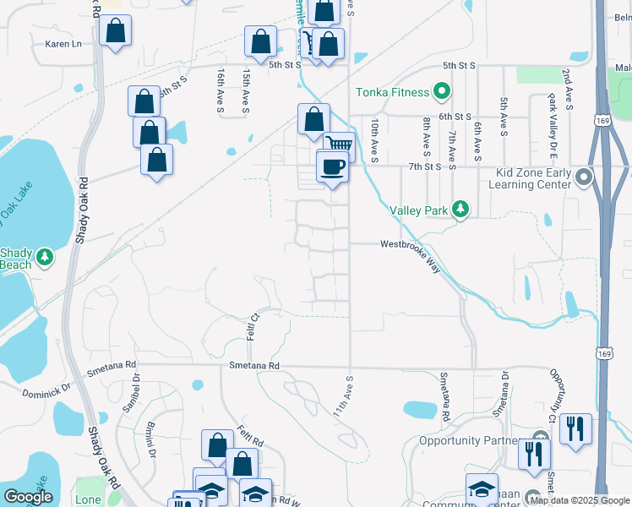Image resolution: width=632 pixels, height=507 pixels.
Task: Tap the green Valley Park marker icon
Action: click(460, 208)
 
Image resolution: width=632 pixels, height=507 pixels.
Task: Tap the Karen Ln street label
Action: click(64, 43)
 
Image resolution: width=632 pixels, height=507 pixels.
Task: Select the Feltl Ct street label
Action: click(252, 324)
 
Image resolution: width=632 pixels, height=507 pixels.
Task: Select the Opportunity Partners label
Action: click(474, 440)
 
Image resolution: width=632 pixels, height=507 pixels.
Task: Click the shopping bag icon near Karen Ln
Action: click(115, 31)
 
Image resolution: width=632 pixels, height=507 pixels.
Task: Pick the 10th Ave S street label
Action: click(373, 139)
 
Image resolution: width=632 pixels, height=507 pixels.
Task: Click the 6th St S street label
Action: click(454, 117)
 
